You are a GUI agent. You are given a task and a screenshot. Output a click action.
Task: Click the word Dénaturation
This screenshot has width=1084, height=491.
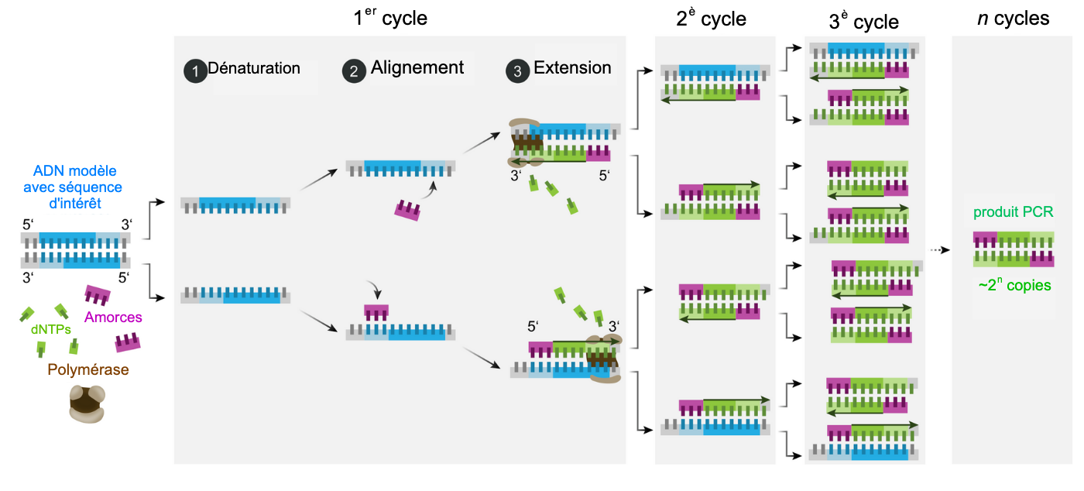254,68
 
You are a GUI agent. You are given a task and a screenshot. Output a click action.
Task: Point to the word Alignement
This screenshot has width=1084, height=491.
417,67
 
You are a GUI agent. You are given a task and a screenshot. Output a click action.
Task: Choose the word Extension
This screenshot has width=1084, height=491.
572,67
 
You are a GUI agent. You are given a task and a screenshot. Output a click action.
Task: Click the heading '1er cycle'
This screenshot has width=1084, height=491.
389,18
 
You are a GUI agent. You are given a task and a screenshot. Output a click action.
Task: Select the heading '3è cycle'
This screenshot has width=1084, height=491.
863,21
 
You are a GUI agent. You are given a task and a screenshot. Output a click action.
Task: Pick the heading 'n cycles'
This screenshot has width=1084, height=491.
1013,19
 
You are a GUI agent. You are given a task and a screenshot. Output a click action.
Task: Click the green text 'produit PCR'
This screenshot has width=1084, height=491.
1014,212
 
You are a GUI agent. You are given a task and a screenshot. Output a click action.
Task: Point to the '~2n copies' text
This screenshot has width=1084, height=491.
1014,284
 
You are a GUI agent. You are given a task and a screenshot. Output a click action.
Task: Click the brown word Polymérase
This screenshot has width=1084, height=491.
88,370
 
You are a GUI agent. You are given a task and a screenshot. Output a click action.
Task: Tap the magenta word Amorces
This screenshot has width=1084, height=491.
113,317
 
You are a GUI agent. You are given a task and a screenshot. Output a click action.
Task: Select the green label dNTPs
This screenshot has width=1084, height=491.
51,328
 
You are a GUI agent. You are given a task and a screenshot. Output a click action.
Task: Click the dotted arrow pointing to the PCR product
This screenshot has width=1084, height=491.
938,250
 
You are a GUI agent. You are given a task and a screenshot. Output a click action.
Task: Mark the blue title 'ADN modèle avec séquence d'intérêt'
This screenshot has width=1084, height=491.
77,187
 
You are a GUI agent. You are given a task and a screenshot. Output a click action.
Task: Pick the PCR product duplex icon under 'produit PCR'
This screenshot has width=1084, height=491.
1014,249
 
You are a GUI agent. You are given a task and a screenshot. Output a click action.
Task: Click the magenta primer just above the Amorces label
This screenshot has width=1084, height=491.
98,295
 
